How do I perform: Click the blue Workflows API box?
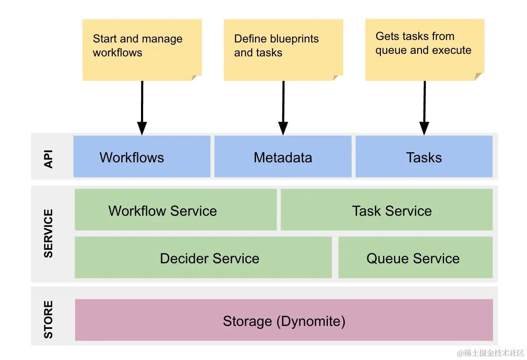pos(141,156)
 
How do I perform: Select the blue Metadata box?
pos(283,156)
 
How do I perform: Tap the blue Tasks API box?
pos(424,156)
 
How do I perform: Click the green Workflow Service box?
pos(176,210)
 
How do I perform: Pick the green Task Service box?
pos(386,210)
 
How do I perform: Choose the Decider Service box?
pos(203,257)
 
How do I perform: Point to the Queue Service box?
pos(415,257)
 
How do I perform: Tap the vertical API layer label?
pos(49,157)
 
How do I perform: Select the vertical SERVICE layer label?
pos(49,233)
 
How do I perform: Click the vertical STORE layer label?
pos(49,320)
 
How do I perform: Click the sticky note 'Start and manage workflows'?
pos(142,49)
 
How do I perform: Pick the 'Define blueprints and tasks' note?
pos(283,49)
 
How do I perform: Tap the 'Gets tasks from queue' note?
pos(424,49)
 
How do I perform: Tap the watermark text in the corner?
pos(490,352)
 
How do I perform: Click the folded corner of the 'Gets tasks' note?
pos(479,77)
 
